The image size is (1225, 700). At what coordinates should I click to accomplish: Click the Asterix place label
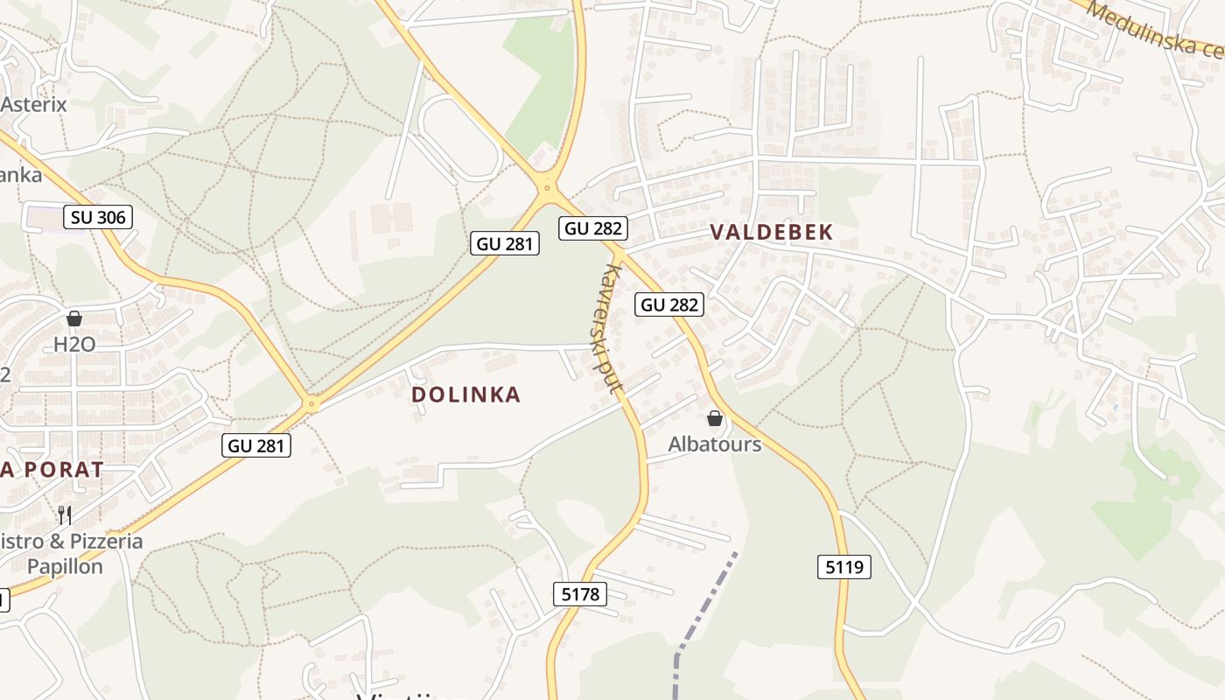tap(33, 104)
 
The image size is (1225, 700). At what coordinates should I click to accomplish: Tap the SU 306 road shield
tap(98, 217)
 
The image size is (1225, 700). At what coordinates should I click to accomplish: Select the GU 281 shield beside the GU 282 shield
tap(505, 243)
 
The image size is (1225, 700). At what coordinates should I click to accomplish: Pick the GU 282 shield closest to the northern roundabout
tap(593, 228)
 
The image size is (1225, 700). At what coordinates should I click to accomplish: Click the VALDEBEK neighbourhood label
tap(771, 232)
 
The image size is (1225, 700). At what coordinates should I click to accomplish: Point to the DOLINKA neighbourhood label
tap(465, 395)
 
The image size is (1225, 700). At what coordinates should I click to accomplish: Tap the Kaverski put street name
tap(606, 328)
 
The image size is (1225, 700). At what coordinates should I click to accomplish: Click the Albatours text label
tap(715, 444)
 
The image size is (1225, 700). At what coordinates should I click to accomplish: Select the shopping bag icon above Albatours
tap(715, 419)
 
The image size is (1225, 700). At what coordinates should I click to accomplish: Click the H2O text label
tap(74, 345)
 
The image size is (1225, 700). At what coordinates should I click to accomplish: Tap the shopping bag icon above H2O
tap(74, 319)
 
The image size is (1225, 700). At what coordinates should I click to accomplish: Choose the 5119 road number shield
tap(844, 567)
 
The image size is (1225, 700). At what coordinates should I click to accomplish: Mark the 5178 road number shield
tap(580, 595)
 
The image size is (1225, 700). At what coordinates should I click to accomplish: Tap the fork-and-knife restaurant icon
tap(64, 514)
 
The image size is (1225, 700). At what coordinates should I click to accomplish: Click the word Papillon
tap(65, 566)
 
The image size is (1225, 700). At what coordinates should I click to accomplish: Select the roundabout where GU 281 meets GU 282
tap(548, 186)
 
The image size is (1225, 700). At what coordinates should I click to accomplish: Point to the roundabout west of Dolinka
tap(311, 404)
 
